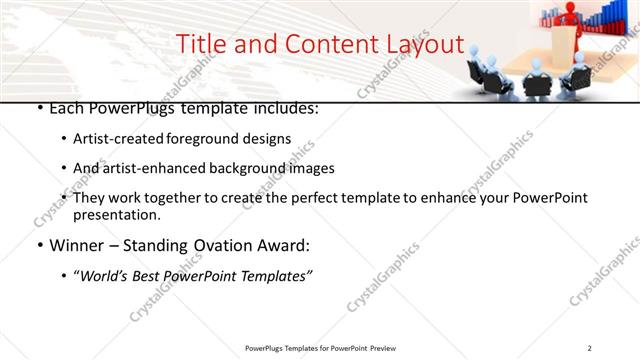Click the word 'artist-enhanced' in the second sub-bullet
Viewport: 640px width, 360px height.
(x=156, y=168)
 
